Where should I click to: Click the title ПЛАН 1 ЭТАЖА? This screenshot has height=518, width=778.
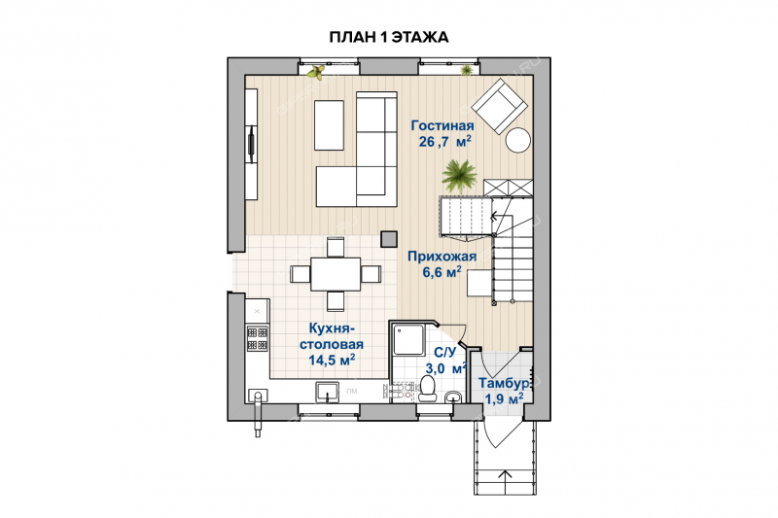tap(388, 37)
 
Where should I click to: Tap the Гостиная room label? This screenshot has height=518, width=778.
tap(442, 126)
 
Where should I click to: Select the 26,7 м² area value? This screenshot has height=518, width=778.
tap(444, 142)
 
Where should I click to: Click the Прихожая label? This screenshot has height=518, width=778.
tap(442, 257)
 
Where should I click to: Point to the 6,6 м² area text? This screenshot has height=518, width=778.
tap(442, 272)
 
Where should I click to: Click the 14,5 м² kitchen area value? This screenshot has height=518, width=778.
tap(332, 360)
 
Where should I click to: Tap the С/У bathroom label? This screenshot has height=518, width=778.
tap(444, 353)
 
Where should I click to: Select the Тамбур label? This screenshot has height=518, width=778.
tap(503, 384)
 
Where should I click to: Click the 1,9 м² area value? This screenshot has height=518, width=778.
tap(504, 398)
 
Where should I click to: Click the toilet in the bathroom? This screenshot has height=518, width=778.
tap(427, 388)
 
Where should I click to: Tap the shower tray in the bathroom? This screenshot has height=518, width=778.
tap(408, 340)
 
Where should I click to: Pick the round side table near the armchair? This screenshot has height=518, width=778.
tap(518, 141)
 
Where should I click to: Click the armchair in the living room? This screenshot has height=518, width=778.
tap(499, 106)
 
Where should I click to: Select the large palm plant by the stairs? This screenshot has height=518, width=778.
tap(458, 176)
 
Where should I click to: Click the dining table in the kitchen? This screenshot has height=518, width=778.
tap(336, 274)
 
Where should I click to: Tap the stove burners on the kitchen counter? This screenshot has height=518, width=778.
tap(258, 338)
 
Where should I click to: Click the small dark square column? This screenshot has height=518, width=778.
tap(388, 239)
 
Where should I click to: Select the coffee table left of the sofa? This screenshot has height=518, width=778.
tap(329, 125)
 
